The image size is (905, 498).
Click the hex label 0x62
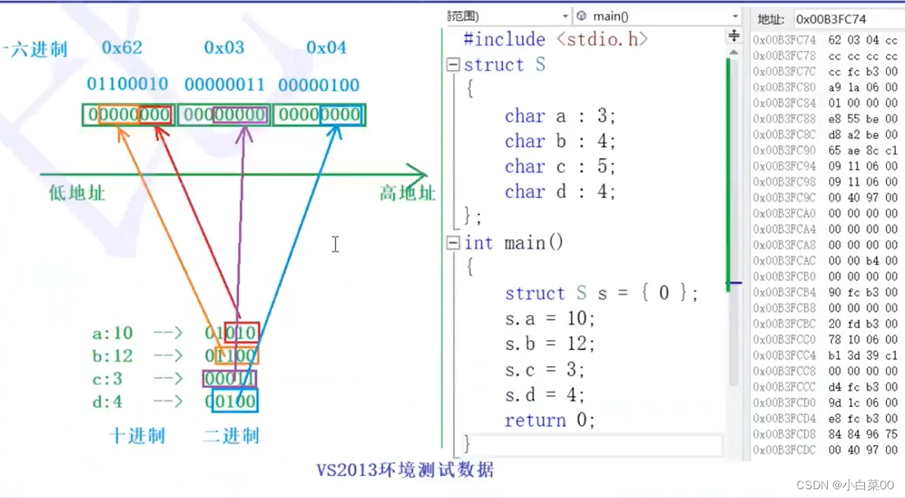pos(122,48)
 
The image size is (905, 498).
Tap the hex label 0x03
pos(224,48)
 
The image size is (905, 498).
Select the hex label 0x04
pos(326,48)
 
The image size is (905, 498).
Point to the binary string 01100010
pos(128,85)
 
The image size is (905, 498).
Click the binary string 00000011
pos(224,85)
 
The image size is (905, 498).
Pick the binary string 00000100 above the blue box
pos(318,85)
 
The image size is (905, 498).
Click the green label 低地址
pos(77,193)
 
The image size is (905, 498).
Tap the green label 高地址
pos(407,193)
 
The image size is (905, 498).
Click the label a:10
pos(112,333)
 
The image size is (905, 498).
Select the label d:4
pos(107,402)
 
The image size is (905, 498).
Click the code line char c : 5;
pos(560,167)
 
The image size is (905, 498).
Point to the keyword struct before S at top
pos(493,65)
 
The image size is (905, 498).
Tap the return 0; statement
pos(549,421)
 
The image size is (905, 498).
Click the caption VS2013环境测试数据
pos(405,470)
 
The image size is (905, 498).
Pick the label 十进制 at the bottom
pos(137,437)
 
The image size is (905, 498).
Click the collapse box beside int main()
pos(453,243)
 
